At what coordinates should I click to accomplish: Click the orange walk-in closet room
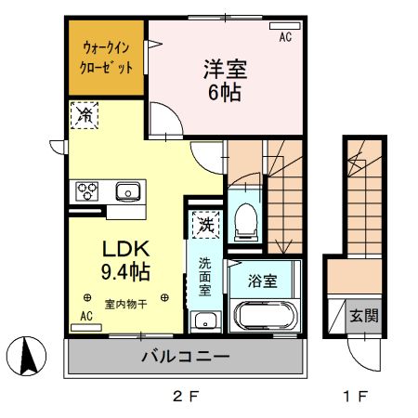(x=106, y=59)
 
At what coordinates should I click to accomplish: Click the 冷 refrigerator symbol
(x=85, y=115)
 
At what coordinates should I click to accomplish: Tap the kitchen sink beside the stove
(x=125, y=192)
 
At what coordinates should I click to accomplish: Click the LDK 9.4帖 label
(x=125, y=261)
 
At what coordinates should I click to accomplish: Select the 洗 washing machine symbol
(x=203, y=226)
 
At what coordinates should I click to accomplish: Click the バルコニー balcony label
(x=185, y=357)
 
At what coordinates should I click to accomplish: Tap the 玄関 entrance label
(x=363, y=315)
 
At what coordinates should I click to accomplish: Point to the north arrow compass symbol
(x=27, y=357)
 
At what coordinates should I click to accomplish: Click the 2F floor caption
(x=186, y=398)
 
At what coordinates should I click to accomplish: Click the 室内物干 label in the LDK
(x=124, y=302)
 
